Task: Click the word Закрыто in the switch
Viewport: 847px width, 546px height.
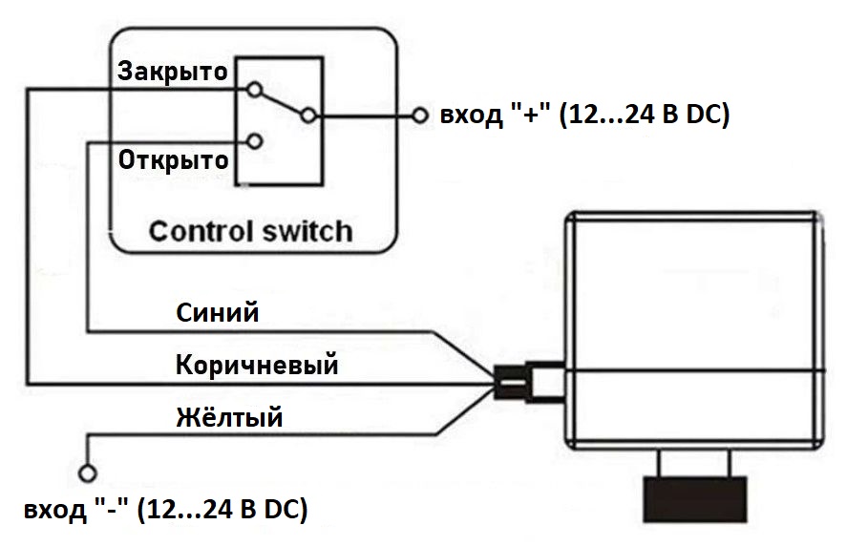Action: tap(172, 72)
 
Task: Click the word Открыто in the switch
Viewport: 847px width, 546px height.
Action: tap(173, 158)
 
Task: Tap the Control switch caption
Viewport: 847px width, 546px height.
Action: tap(250, 231)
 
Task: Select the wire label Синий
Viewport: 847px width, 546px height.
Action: tap(218, 312)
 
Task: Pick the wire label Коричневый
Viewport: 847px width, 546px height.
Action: tap(257, 365)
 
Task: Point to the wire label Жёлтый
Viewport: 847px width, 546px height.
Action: tap(229, 417)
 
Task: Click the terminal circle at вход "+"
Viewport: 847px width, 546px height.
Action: tap(421, 116)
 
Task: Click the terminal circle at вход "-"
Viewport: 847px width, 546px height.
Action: tap(88, 472)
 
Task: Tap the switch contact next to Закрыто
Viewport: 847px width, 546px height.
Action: tap(254, 91)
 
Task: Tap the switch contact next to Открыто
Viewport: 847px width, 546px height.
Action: tap(254, 142)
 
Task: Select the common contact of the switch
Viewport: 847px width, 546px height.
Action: tap(307, 116)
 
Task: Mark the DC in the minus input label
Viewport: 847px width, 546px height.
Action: tap(288, 509)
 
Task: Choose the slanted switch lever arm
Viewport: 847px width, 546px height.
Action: tap(281, 103)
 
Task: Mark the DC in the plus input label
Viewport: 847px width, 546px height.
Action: tap(709, 116)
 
